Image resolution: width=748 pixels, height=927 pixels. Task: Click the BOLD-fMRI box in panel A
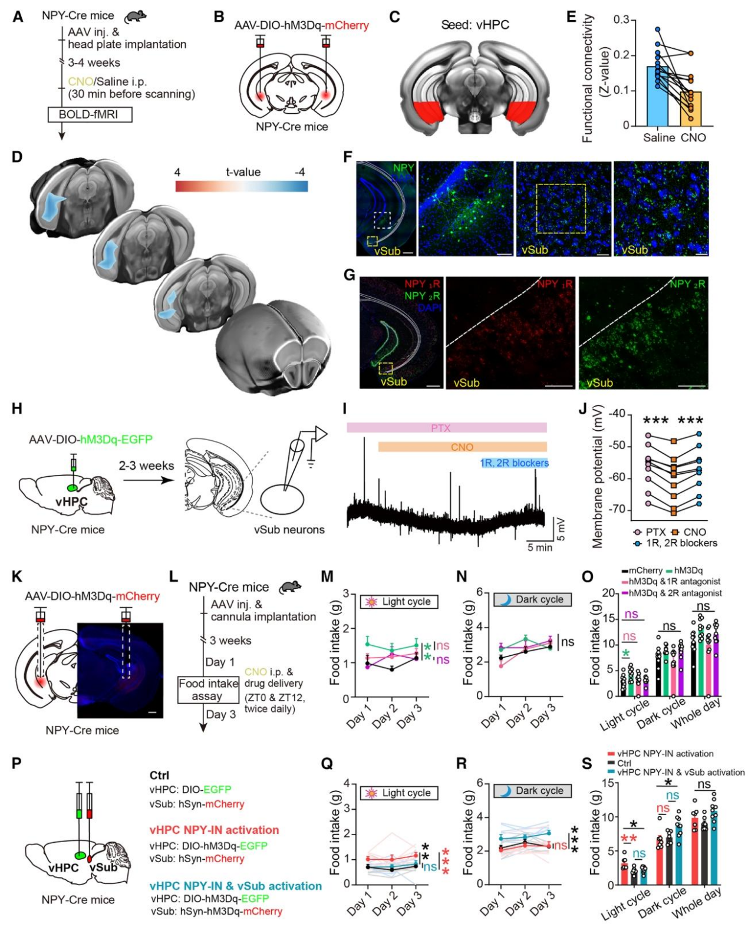(90, 114)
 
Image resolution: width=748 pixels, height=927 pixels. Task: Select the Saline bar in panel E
(657, 97)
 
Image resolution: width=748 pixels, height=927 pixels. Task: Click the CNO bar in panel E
(691, 109)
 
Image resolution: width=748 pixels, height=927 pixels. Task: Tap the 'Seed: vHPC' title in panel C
(475, 25)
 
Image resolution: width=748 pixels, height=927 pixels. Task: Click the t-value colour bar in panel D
(241, 186)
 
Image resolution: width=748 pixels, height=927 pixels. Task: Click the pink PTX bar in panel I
(446, 428)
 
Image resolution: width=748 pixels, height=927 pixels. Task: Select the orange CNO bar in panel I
(462, 447)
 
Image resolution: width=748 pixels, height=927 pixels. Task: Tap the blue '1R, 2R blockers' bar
(514, 463)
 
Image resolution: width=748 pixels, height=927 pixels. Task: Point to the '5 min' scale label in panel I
(539, 547)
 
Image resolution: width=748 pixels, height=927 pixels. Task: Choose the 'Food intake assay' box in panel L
(208, 690)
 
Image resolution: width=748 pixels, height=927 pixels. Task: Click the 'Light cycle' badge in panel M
(399, 602)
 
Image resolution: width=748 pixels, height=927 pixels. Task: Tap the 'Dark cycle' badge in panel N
(532, 599)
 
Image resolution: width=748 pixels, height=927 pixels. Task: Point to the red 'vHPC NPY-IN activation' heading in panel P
(214, 830)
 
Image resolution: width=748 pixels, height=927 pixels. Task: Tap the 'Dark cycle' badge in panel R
(532, 791)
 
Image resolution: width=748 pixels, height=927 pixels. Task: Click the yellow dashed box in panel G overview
(385, 368)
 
